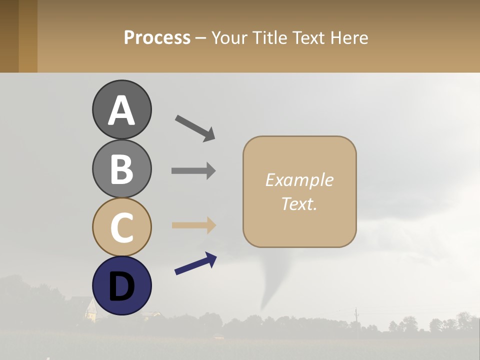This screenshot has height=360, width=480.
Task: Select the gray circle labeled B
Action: [121, 168]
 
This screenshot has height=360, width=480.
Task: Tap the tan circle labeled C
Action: [121, 227]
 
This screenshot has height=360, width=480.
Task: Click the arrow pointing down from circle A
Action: [195, 127]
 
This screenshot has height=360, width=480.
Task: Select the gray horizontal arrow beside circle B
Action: [193, 170]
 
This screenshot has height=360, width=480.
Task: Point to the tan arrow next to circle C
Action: [193, 225]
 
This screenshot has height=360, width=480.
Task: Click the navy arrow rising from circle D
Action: [195, 263]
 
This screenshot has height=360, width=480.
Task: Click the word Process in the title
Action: [157, 37]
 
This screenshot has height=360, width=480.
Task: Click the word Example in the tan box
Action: [299, 180]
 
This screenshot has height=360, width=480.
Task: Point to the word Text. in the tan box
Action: [299, 203]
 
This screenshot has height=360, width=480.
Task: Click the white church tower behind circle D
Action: [90, 310]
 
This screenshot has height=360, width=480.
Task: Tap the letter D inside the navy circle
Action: [121, 287]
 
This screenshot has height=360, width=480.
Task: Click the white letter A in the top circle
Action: [121, 111]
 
